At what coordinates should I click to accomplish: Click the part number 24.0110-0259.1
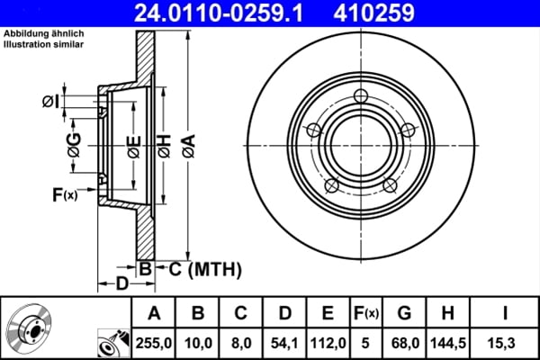coord(219,13)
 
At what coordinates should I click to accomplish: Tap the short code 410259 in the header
coord(373,13)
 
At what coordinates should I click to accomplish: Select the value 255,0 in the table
coord(154,343)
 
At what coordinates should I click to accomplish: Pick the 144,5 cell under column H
coord(447,343)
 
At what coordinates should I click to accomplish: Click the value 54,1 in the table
coord(284,343)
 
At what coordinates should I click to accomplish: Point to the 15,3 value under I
coord(501,343)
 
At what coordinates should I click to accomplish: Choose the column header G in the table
coord(404,313)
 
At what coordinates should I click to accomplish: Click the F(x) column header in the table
coord(366,313)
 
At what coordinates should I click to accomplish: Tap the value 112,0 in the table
coord(328,343)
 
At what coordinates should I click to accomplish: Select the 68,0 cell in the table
coord(405,343)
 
